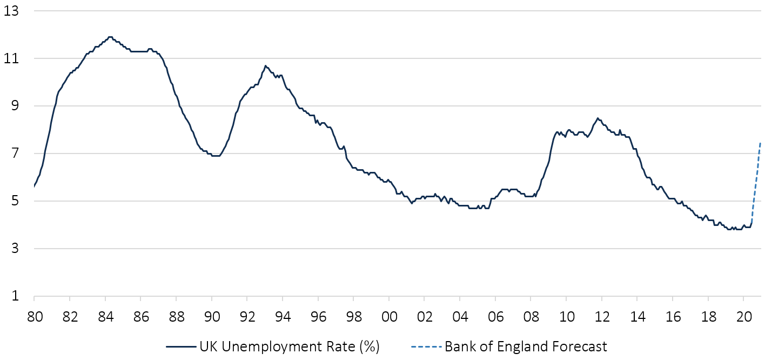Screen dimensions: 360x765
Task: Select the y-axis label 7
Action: (x=14, y=154)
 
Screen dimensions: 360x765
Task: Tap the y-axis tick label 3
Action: (x=14, y=249)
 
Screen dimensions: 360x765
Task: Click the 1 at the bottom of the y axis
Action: (x=14, y=296)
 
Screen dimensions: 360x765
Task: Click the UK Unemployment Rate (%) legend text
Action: (x=290, y=346)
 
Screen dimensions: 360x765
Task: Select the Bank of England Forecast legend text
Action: (x=526, y=346)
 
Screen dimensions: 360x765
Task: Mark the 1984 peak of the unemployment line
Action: (x=110, y=37)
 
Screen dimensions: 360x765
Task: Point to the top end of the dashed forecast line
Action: (x=760, y=142)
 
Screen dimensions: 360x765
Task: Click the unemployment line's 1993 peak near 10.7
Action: (x=265, y=65)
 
